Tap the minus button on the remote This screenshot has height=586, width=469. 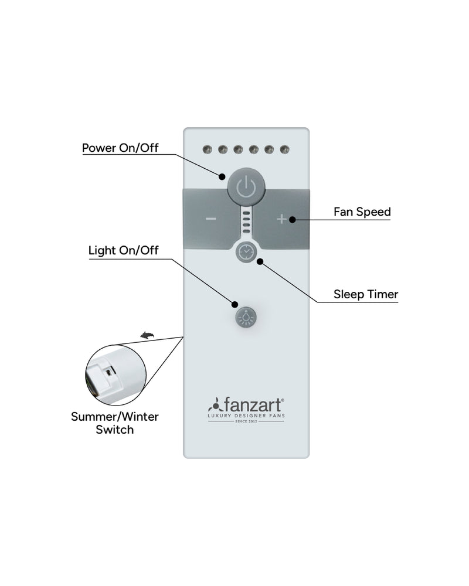click(x=211, y=219)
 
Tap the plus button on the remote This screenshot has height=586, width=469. click(x=281, y=219)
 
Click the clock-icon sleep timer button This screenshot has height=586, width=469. click(x=246, y=252)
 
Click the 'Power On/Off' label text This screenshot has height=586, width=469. click(x=120, y=147)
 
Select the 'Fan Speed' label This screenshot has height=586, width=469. click(x=362, y=212)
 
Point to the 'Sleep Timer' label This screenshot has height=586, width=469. click(x=366, y=294)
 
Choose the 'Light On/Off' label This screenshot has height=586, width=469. click(x=123, y=251)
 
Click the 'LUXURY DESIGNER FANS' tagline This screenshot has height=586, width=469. click(x=246, y=415)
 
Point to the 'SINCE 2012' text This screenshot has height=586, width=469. click(x=246, y=421)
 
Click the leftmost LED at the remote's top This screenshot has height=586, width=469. click(x=207, y=149)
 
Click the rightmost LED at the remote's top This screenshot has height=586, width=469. click(x=285, y=149)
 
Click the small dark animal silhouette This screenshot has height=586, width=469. click(x=147, y=335)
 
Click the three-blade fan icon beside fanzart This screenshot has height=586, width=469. click(x=215, y=405)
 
